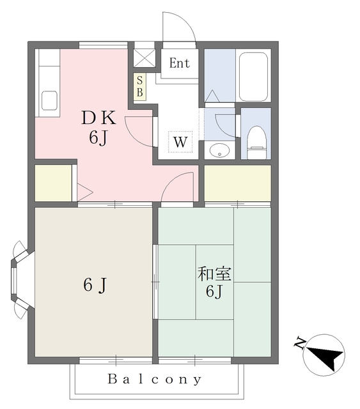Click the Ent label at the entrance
(180, 63)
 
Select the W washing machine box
(180, 141)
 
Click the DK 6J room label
(98, 127)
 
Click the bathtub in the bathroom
(254, 77)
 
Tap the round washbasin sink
(219, 151)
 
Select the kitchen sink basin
(49, 101)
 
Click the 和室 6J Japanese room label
(214, 282)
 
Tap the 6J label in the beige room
(94, 286)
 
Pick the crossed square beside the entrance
(145, 55)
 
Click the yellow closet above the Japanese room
(237, 183)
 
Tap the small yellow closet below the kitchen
(52, 183)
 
